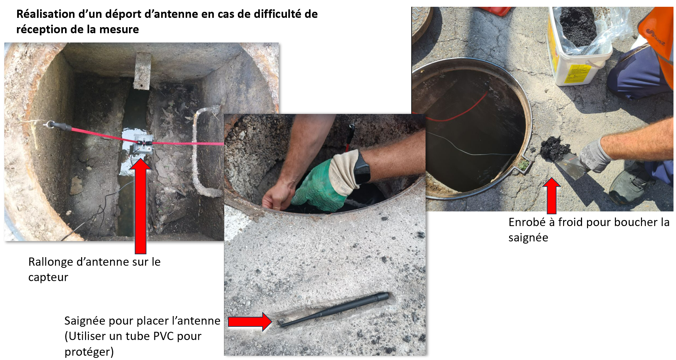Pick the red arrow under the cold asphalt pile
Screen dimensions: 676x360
(552, 196)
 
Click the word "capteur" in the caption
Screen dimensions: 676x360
(48, 277)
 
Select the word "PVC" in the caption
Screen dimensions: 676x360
(164, 336)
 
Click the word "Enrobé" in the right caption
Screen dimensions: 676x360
(527, 222)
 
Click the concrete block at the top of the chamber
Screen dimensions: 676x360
(143, 71)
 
